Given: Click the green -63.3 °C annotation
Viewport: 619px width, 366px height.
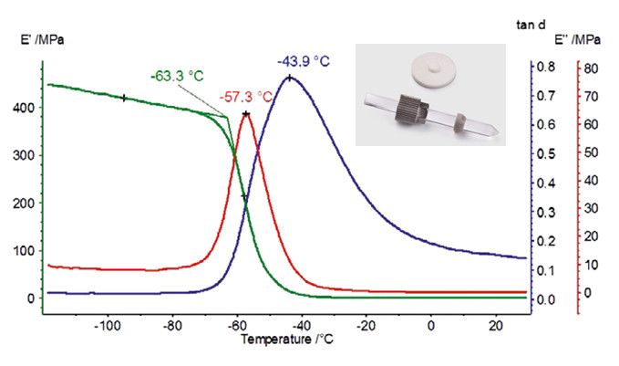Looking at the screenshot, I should tap(179, 76).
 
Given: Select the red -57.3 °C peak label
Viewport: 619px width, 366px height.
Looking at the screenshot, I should tap(246, 96).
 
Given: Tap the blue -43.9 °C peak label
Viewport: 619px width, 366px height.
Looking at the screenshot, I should tap(303, 61).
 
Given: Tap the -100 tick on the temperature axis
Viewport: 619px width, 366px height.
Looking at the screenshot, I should tap(108, 325).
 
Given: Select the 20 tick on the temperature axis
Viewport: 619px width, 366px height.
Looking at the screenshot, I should tap(495, 325).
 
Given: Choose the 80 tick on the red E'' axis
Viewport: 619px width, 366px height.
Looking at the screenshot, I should tap(591, 68).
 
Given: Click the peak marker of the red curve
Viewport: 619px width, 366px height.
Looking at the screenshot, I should tap(245, 114).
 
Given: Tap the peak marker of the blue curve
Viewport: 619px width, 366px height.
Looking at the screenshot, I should tap(290, 78).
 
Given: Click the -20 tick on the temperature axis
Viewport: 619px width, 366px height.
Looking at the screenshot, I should tap(366, 325).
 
